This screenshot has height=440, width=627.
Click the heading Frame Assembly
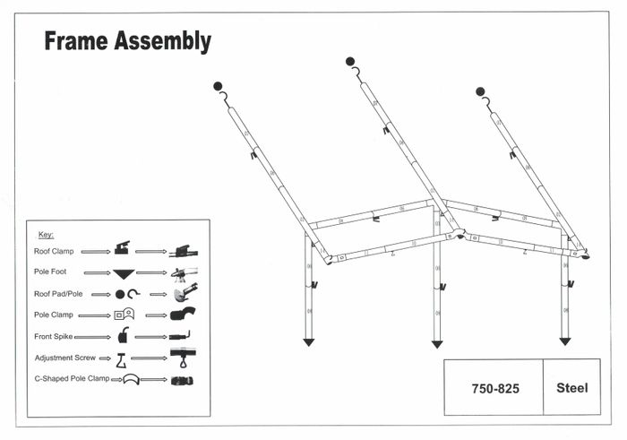pyautogui.click(x=127, y=41)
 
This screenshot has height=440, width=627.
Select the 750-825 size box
pyautogui.click(x=494, y=388)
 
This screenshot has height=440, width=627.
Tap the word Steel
pyautogui.click(x=571, y=388)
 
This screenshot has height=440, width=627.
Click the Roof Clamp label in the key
pyautogui.click(x=54, y=252)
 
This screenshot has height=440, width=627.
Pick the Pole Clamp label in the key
pyautogui.click(x=54, y=315)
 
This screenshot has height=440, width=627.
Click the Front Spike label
pyautogui.click(x=55, y=336)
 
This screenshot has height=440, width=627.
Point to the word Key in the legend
pyautogui.click(x=46, y=234)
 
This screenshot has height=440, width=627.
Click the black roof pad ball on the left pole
pyautogui.click(x=218, y=86)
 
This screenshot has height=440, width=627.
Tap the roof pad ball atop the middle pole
pyautogui.click(x=350, y=61)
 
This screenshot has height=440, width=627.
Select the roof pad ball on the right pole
pyautogui.click(x=480, y=91)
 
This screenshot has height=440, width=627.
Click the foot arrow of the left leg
pyautogui.click(x=308, y=341)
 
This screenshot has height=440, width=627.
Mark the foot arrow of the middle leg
pyautogui.click(x=437, y=343)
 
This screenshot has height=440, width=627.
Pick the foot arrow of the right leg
pyautogui.click(x=564, y=341)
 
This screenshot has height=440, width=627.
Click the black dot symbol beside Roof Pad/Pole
pyautogui.click(x=120, y=294)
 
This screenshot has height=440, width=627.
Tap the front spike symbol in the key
pyautogui.click(x=123, y=336)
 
